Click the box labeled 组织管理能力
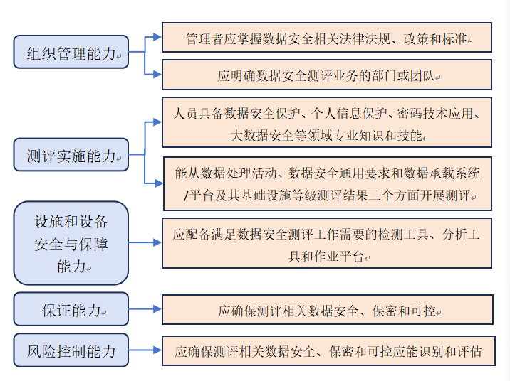pyautogui.click(x=71, y=53)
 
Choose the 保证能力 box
pyautogui.click(x=71, y=309)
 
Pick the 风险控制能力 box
pyautogui.click(x=71, y=350)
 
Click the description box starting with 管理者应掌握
pyautogui.click(x=327, y=37)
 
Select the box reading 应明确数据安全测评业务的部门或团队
pyautogui.click(x=327, y=75)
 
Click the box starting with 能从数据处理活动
pyautogui.click(x=327, y=183)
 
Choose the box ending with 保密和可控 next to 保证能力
pyautogui.click(x=327, y=310)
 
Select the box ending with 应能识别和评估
pyautogui.click(x=327, y=350)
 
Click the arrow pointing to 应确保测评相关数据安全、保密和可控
pyautogui.click(x=145, y=309)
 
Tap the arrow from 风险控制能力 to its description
pyautogui.click(x=145, y=350)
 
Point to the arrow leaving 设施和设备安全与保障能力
pyautogui.click(x=145, y=243)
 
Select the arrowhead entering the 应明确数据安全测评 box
pyautogui.click(x=157, y=74)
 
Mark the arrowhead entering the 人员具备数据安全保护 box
pyautogui.click(x=157, y=122)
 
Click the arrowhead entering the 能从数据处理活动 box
pyautogui.click(x=159, y=183)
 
